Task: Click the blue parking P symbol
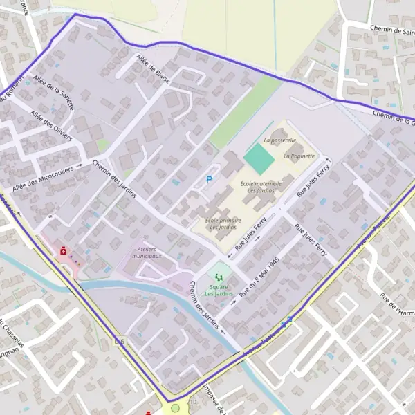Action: (x=210, y=180)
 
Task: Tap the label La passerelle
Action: (x=279, y=140)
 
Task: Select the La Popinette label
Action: (x=298, y=156)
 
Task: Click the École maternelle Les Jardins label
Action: (x=261, y=187)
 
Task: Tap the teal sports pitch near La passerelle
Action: (x=259, y=158)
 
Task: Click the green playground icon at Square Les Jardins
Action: (x=220, y=277)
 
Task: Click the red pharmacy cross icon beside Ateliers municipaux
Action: (x=63, y=251)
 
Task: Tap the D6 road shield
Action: (x=120, y=341)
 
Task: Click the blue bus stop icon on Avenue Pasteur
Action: (x=286, y=322)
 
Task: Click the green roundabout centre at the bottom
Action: (x=175, y=408)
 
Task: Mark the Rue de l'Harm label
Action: (x=396, y=306)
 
